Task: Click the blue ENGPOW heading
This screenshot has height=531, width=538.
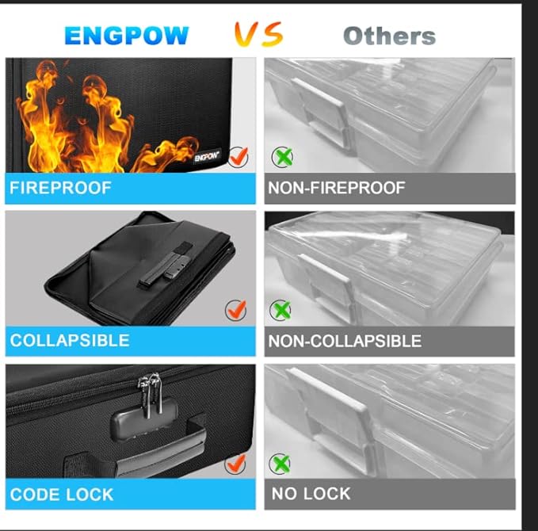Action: pos(127,36)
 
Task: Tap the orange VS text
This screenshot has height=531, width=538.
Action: pos(259,34)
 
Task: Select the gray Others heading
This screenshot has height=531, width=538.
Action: pos(389,36)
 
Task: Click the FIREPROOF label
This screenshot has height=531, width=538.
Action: pos(60,188)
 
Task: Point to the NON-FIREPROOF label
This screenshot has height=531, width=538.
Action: pos(337,188)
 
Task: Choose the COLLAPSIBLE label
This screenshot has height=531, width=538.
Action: pos(70,341)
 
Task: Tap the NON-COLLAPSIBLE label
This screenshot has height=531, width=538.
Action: pos(345,341)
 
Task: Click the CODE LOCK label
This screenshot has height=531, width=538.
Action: pos(62,495)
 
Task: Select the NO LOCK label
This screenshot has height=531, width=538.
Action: pos(311,494)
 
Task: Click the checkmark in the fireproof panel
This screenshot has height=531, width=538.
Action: pos(238,156)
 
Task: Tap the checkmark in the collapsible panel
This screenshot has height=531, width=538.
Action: pos(235,310)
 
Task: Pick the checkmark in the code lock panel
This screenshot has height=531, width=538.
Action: pos(235,464)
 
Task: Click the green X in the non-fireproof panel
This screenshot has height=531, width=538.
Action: pos(282,157)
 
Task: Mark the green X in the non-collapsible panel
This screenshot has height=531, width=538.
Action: pos(280,311)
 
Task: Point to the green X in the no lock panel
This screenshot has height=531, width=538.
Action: pos(280,464)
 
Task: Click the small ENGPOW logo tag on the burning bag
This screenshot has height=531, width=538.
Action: pos(207,156)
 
